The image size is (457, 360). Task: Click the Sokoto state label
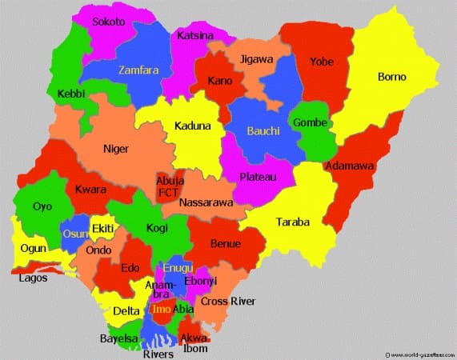click(109, 22)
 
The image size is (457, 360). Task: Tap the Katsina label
click(196, 35)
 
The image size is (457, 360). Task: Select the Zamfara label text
click(138, 70)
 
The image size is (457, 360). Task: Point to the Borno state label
click(391, 77)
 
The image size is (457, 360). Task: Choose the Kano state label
click(219, 81)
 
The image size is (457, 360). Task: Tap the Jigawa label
click(257, 59)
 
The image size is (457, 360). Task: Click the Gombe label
click(311, 122)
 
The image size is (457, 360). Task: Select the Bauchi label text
click(263, 130)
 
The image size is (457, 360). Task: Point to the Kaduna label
click(193, 126)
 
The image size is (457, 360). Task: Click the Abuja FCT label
click(170, 186)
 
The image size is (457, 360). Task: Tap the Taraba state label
click(293, 222)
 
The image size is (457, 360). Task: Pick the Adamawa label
click(349, 166)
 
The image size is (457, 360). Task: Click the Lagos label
click(34, 278)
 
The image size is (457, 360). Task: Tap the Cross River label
click(228, 301)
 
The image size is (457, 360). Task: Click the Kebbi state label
click(72, 94)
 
